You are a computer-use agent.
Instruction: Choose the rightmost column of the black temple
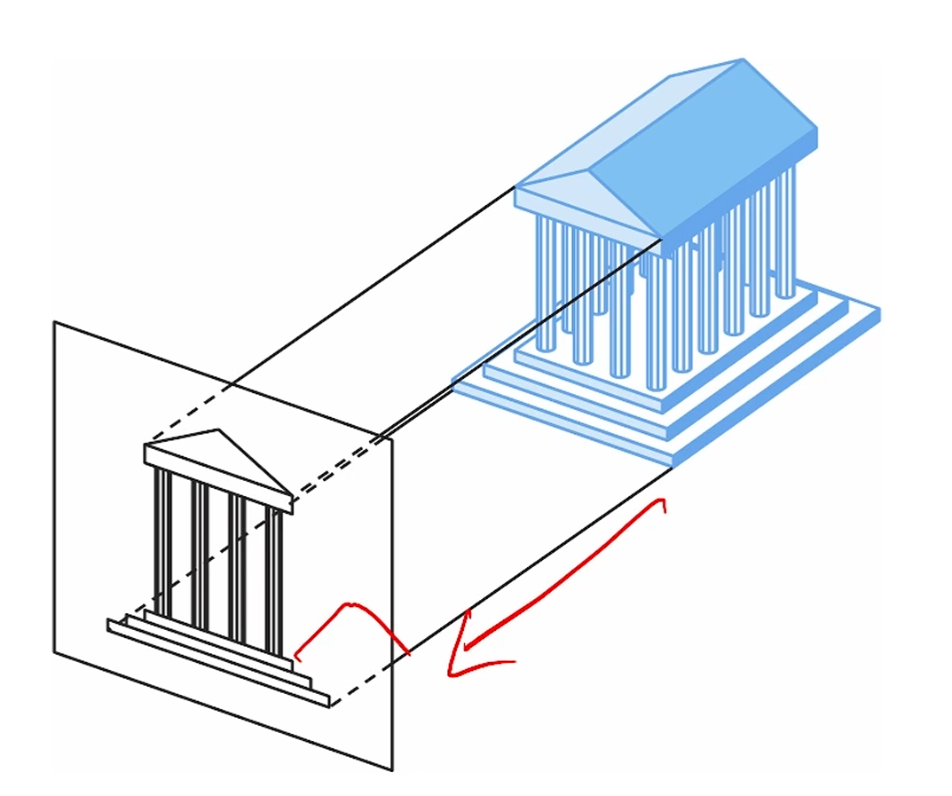(274, 581)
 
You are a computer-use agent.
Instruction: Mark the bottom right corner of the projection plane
(391, 769)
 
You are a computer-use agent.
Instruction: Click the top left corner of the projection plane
(55, 322)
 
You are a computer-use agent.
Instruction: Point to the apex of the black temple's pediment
(217, 430)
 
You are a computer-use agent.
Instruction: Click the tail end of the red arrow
(662, 501)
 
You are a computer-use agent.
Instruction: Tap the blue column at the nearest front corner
(656, 319)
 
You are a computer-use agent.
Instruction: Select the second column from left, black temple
(200, 550)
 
